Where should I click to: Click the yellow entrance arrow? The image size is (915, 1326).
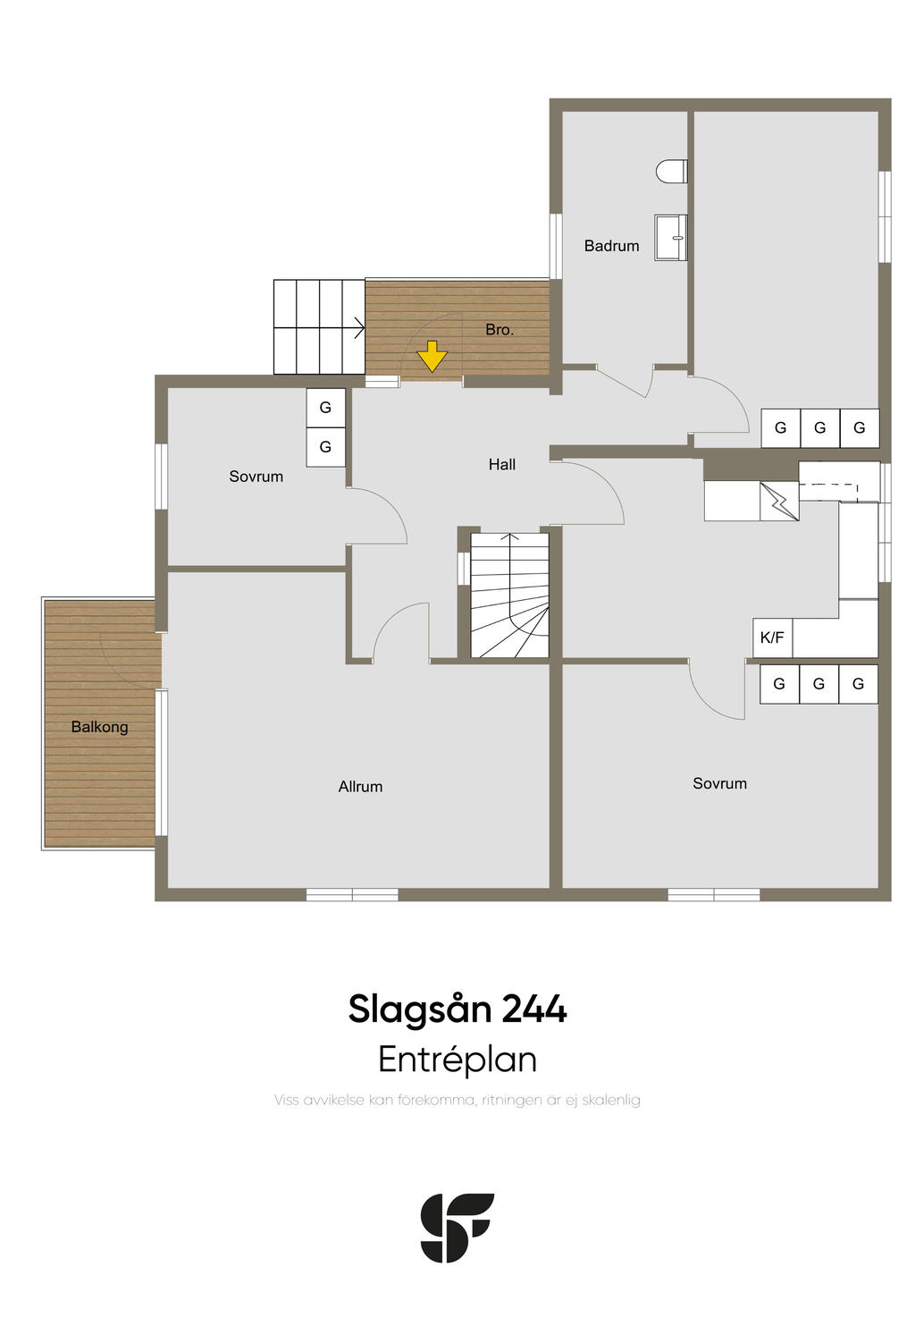tap(432, 357)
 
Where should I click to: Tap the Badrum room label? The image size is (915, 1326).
tap(611, 246)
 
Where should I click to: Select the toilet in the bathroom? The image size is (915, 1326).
tap(671, 171)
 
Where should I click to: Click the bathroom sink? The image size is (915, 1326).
tap(671, 237)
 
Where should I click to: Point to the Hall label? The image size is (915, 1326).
tap(501, 465)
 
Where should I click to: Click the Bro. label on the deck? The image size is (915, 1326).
tap(499, 330)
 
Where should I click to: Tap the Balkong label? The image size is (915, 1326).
tap(99, 727)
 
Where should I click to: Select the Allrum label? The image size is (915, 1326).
tap(360, 787)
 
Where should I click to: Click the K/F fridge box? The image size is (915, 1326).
tap(772, 638)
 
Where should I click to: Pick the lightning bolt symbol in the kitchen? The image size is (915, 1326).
tap(778, 502)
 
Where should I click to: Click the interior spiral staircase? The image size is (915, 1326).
tap(509, 595)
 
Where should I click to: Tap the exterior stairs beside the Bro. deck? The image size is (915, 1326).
tap(319, 326)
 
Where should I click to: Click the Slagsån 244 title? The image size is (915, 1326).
tap(457, 1009)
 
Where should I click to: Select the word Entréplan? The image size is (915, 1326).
tap(457, 1060)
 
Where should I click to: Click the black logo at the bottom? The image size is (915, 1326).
tap(457, 1227)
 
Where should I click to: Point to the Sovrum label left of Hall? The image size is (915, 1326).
tap(256, 477)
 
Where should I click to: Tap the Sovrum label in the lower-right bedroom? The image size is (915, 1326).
tap(719, 784)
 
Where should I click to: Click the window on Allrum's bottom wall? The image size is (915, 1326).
tap(352, 894)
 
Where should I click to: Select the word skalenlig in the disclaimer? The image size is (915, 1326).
tap(611, 1100)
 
